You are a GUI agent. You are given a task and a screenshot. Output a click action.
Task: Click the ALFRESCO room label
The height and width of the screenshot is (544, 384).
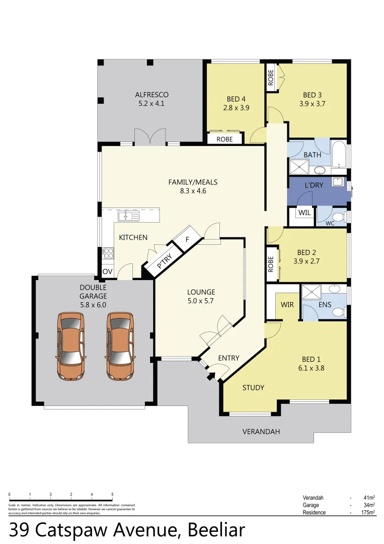[x=151, y=95]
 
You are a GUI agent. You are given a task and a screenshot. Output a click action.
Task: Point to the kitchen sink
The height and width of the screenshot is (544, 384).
[x=128, y=216]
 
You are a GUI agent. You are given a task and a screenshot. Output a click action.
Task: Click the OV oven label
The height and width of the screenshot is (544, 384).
[x=107, y=271]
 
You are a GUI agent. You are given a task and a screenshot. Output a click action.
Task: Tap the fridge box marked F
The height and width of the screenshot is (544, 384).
[x=187, y=239]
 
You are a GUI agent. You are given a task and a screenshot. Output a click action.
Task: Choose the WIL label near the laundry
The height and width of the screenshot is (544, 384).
[x=304, y=213]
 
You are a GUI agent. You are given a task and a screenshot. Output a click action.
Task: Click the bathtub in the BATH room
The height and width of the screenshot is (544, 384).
[x=339, y=154]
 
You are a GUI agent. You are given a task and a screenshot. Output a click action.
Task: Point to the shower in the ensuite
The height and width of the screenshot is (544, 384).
[x=311, y=292]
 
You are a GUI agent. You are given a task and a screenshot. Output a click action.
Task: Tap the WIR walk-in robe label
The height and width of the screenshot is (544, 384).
[x=287, y=305]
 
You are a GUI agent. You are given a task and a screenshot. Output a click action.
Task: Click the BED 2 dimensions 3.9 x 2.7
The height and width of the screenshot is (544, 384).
[x=306, y=261]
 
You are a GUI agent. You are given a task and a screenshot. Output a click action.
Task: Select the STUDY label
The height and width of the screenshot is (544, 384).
[x=253, y=387]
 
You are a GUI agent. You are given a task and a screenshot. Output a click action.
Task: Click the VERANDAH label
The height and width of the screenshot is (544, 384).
[x=261, y=432]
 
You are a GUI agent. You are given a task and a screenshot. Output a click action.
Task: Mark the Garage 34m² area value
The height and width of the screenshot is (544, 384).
[x=369, y=505]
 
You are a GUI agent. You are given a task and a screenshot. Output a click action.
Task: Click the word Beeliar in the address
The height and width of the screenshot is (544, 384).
[x=216, y=530]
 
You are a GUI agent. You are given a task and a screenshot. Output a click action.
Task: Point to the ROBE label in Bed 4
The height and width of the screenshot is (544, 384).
[x=224, y=139]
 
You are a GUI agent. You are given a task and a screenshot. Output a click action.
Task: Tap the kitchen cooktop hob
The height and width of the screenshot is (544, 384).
[x=107, y=252]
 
